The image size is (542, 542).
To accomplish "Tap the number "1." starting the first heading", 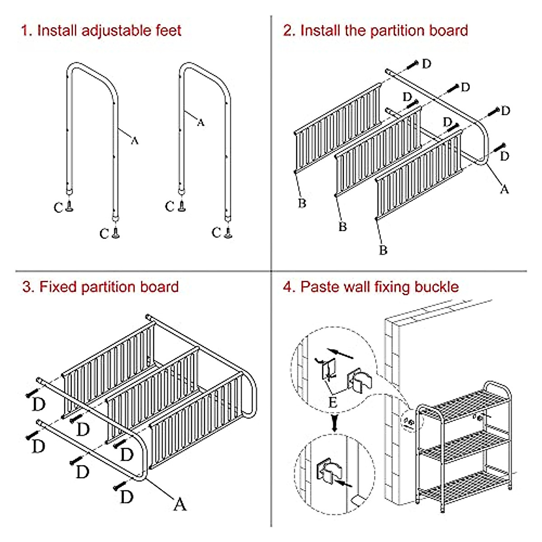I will click(26, 31).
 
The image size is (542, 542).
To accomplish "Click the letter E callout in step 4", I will click(333, 402).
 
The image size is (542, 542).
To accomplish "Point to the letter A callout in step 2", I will click(504, 189).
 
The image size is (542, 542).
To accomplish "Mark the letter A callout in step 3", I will click(180, 504).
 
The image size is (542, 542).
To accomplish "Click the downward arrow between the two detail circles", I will click(334, 423).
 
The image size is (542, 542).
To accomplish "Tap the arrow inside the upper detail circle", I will click(341, 353).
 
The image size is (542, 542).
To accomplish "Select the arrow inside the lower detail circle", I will click(346, 484).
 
